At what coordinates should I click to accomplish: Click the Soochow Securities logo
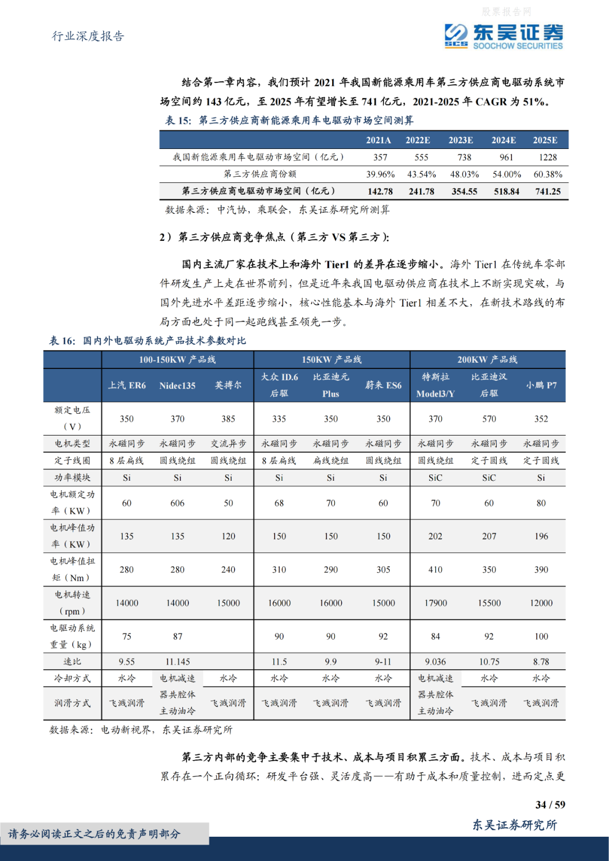[503, 37]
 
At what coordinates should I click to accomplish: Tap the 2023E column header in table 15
[461, 140]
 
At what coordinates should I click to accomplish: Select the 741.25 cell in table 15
[548, 191]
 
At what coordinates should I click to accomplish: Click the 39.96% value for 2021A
[380, 174]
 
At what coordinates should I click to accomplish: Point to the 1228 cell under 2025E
[548, 157]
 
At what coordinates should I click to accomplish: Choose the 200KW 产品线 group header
[487, 359]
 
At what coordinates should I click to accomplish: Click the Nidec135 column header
[177, 385]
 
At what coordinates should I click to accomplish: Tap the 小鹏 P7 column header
[541, 385]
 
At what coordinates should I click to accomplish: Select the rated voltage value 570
[489, 419]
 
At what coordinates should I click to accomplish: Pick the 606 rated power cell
[177, 503]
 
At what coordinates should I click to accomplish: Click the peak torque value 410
[435, 569]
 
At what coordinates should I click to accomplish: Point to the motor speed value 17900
[435, 603]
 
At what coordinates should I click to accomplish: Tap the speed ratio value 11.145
[177, 661]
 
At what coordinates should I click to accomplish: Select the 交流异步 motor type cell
[228, 444]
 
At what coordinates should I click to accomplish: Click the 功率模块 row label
[72, 477]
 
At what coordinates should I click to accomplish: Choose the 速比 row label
[72, 661]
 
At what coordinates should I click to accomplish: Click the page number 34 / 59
[550, 805]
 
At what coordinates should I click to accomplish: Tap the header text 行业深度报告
[88, 36]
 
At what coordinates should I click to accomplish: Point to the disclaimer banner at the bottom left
[95, 834]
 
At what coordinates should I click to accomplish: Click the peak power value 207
[489, 536]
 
